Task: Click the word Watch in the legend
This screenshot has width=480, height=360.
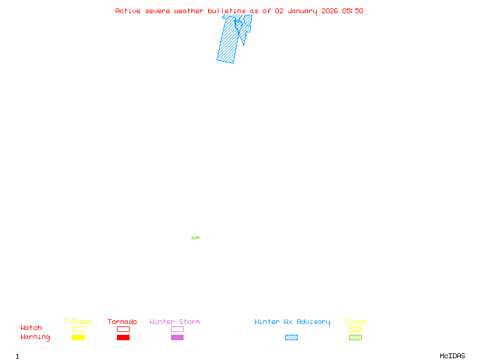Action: tap(31, 328)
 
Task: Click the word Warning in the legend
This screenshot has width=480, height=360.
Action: tap(35, 337)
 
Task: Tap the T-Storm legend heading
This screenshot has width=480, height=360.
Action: tap(77, 322)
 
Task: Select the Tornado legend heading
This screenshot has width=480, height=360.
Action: tap(122, 322)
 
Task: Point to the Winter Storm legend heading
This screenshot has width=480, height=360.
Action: tap(175, 322)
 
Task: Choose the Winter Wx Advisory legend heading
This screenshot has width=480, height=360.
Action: tap(292, 322)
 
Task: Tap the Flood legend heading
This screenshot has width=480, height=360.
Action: tap(355, 322)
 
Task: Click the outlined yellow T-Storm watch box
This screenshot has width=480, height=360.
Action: tap(78, 329)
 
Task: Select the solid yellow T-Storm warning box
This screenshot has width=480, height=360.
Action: tap(78, 337)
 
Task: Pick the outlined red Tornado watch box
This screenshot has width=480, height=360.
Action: tap(123, 329)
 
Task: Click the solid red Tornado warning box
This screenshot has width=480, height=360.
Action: tap(123, 337)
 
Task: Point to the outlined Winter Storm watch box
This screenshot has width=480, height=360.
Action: tap(177, 329)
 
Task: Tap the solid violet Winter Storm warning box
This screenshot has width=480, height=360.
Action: tap(177, 337)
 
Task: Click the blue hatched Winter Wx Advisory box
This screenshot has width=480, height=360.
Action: tap(291, 337)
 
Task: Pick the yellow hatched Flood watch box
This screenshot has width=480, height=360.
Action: tap(355, 329)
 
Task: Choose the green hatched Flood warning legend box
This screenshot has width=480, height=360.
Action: tap(355, 337)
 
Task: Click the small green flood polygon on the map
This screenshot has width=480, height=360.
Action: tap(196, 238)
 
